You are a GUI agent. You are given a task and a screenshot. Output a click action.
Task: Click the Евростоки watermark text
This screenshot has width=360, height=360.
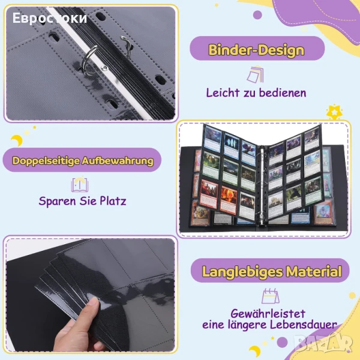click(50, 19)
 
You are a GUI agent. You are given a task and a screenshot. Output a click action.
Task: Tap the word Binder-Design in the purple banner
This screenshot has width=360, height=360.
click(256, 50)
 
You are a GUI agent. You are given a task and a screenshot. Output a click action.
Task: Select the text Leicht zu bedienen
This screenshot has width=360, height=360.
click(256, 93)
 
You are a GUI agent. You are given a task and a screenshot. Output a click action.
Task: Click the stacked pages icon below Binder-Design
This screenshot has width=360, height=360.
click(255, 74)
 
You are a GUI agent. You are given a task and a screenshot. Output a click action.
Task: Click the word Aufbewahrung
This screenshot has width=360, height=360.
click(118, 160)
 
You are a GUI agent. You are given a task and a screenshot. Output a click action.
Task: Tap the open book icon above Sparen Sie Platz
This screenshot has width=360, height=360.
click(80, 185)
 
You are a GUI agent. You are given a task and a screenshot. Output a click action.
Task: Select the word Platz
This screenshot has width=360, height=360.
click(113, 201)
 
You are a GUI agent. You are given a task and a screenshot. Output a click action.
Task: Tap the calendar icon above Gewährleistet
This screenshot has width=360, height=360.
click(271, 296)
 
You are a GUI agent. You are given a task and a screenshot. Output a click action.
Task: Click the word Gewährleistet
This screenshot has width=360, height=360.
click(268, 313)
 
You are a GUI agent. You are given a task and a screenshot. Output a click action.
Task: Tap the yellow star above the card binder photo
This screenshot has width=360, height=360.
click(334, 112)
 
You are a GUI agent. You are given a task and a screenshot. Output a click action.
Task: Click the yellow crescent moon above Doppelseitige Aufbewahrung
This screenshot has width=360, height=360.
click(17, 140)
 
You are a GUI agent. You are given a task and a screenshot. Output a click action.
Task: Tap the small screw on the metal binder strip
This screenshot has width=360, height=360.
click(104, 68)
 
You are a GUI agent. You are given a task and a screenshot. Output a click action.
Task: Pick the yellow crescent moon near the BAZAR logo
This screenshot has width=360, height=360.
click(255, 351)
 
